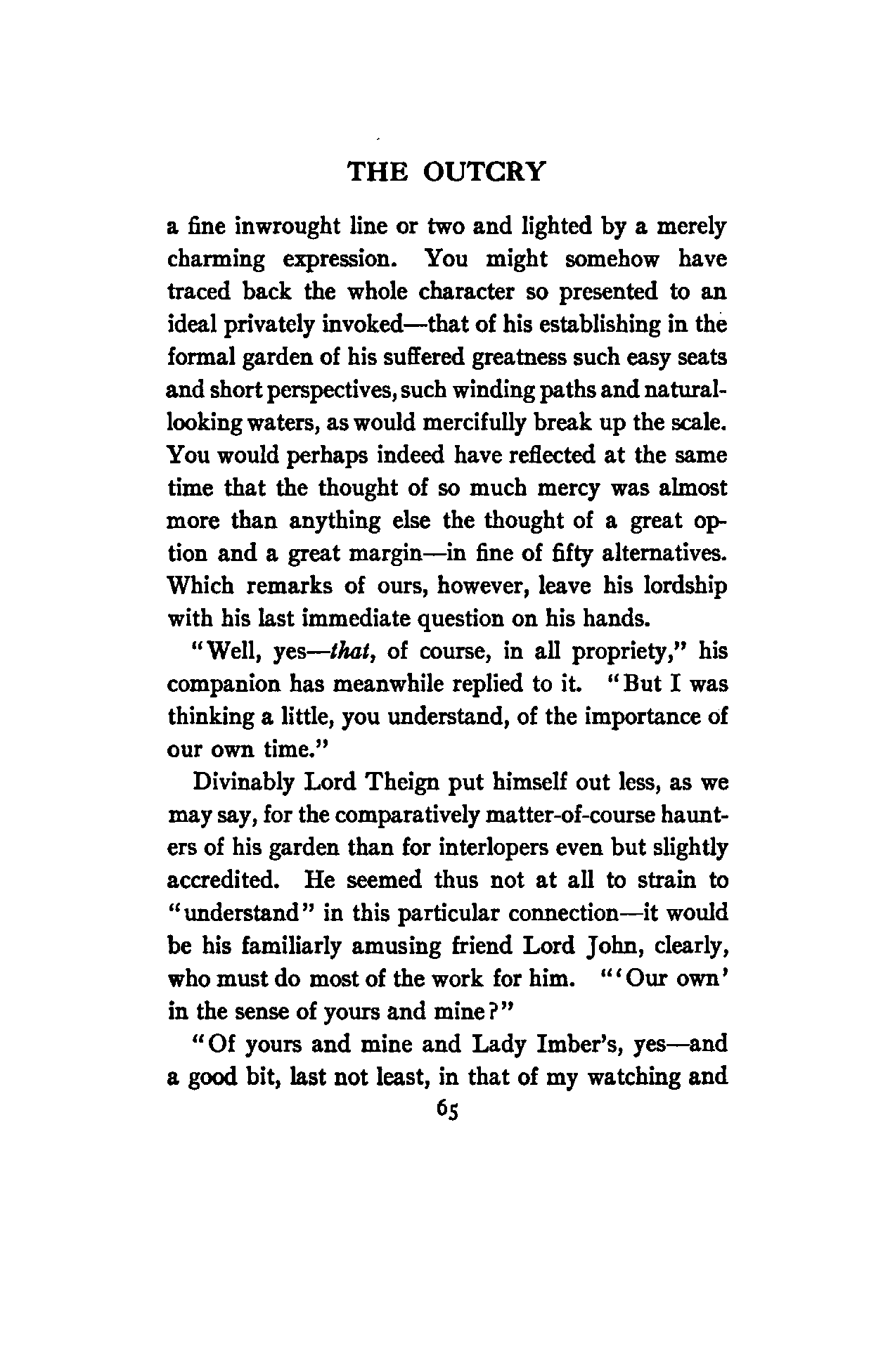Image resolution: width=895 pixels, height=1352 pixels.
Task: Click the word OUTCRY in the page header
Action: pos(484,172)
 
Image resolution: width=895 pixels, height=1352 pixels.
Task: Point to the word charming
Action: pos(217,261)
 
